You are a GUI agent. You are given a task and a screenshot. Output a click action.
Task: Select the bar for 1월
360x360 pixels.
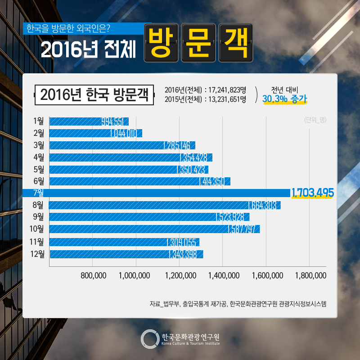point(89,121)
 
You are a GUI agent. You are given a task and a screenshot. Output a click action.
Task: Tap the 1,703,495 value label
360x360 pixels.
point(312,193)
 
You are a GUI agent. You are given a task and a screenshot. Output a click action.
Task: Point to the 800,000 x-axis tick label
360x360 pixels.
point(93,275)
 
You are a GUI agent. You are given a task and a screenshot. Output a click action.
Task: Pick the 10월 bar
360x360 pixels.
point(154,229)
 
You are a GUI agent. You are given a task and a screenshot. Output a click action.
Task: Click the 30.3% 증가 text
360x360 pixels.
point(284,99)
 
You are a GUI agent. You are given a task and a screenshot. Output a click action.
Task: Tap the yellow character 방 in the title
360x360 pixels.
point(161,43)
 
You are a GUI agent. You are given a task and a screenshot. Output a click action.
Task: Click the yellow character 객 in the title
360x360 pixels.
point(235,43)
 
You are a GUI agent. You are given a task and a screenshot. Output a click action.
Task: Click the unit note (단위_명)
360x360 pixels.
point(315,120)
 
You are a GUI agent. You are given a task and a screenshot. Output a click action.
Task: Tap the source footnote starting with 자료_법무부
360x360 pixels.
point(238,304)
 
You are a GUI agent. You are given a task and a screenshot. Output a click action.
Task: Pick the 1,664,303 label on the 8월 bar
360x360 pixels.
point(264,205)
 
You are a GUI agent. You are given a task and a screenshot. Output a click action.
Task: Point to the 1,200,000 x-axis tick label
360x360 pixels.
point(180,275)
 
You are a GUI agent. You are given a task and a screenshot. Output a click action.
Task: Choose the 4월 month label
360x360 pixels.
point(39,157)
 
